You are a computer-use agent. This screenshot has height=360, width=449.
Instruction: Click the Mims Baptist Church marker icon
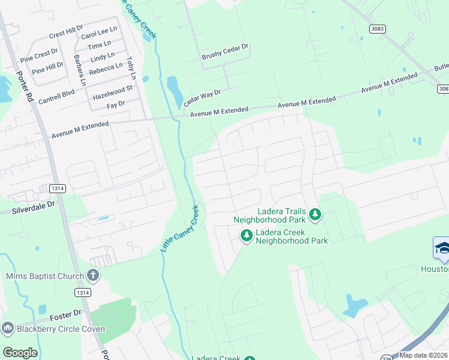tap(92, 275)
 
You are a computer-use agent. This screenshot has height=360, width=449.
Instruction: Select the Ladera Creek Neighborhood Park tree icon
tap(246, 236)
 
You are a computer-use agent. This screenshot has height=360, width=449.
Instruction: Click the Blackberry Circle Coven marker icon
tap(8, 328)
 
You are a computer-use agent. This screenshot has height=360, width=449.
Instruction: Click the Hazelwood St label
tap(112, 93)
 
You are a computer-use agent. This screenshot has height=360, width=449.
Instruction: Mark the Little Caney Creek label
tap(181, 228)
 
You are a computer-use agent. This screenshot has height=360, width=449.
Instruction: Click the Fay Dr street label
tap(115, 104)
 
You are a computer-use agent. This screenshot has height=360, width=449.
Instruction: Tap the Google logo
tap(20, 353)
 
